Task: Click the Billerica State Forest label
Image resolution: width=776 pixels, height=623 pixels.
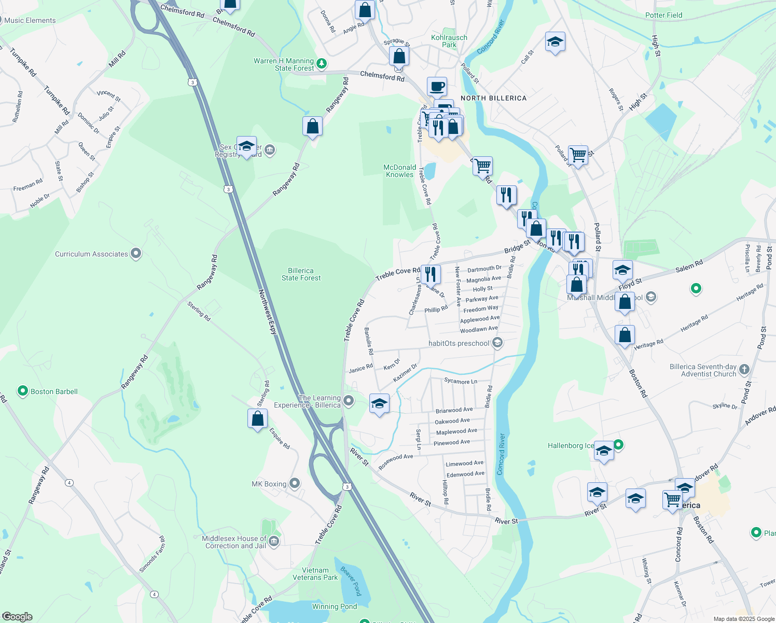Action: click(x=301, y=274)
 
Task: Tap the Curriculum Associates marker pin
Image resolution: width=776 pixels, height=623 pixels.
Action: click(x=136, y=253)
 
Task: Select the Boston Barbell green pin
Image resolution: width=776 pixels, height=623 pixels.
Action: click(x=22, y=391)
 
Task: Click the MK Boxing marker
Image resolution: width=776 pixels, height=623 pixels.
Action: click(x=295, y=483)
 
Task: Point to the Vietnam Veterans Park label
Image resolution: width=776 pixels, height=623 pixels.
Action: click(x=315, y=574)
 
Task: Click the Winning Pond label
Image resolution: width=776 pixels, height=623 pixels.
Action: click(x=334, y=606)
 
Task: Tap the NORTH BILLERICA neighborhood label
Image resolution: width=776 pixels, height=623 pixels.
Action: click(x=493, y=98)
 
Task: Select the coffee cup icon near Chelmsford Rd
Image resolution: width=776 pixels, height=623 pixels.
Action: click(x=437, y=86)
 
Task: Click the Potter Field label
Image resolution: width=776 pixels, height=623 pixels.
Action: click(x=663, y=15)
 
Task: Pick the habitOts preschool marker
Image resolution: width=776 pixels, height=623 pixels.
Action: click(x=497, y=343)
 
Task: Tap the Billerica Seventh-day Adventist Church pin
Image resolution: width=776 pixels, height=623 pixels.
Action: click(x=744, y=369)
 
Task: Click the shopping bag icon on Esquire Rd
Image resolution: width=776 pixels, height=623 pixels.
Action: click(x=257, y=418)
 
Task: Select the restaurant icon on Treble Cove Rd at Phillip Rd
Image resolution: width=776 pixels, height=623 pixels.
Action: click(x=431, y=274)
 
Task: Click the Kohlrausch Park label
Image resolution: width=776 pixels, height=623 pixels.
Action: click(x=449, y=41)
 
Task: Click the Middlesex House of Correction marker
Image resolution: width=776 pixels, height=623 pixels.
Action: click(x=274, y=541)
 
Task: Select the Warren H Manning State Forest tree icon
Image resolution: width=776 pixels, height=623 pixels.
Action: click(x=322, y=64)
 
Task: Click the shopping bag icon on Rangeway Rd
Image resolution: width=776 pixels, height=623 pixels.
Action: click(x=312, y=126)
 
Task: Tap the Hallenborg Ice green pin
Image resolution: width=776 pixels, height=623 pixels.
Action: click(x=618, y=444)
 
